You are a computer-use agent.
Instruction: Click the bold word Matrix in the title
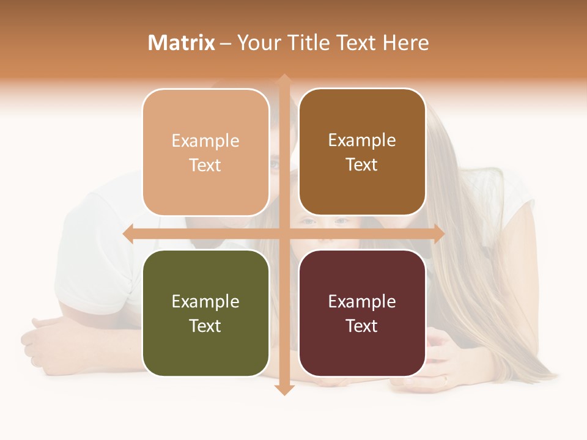coord(182,43)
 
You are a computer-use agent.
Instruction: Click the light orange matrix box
coord(205,152)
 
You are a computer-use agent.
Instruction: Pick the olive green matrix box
coord(205,313)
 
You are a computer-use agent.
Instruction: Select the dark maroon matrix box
coord(362,313)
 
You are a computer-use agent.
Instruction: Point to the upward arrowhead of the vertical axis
coord(284,79)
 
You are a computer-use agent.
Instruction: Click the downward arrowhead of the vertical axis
coord(284,390)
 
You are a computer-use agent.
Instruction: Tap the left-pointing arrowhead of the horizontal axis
coord(128,234)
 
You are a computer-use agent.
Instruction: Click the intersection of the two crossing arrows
coord(284,234)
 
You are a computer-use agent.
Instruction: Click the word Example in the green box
coord(205,301)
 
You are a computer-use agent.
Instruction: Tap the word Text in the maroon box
coord(362,326)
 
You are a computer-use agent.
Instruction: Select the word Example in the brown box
coord(362,140)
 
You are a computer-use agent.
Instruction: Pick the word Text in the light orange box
coord(205,165)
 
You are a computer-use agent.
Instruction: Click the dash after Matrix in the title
coord(226,43)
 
